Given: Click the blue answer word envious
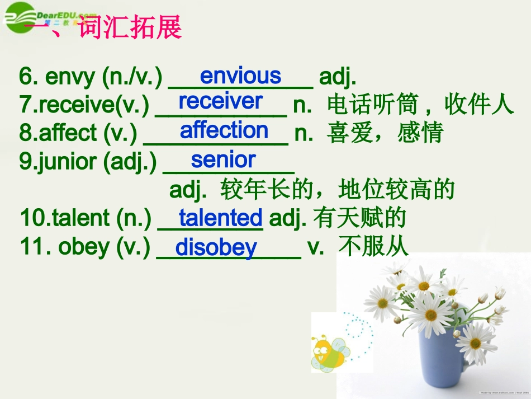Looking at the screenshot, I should [240, 76].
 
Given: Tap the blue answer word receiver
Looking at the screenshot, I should [220, 101].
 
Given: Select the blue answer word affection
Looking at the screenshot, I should [224, 130].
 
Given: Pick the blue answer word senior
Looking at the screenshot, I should [223, 160].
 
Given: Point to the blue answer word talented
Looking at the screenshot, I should [220, 218].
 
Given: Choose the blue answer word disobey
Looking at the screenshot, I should [216, 247].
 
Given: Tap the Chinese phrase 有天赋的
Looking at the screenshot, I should [359, 218].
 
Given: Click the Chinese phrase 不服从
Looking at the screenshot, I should [373, 247].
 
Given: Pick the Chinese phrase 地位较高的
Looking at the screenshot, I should [396, 190].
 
